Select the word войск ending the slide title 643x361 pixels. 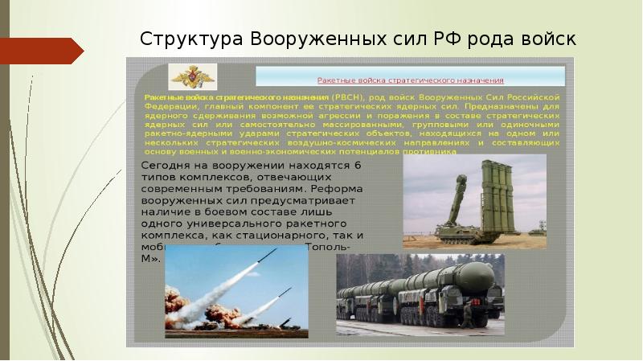pyautogui.click(x=549, y=39)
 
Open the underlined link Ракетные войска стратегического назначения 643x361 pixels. pyautogui.click(x=410, y=80)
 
